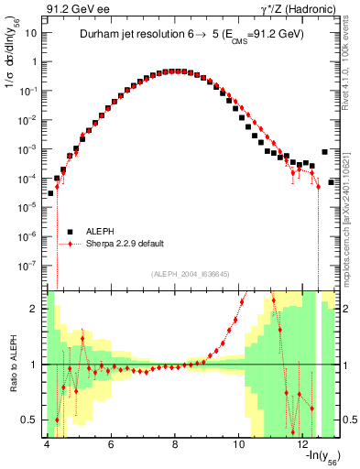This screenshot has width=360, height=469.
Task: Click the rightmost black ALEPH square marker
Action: [324, 152]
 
